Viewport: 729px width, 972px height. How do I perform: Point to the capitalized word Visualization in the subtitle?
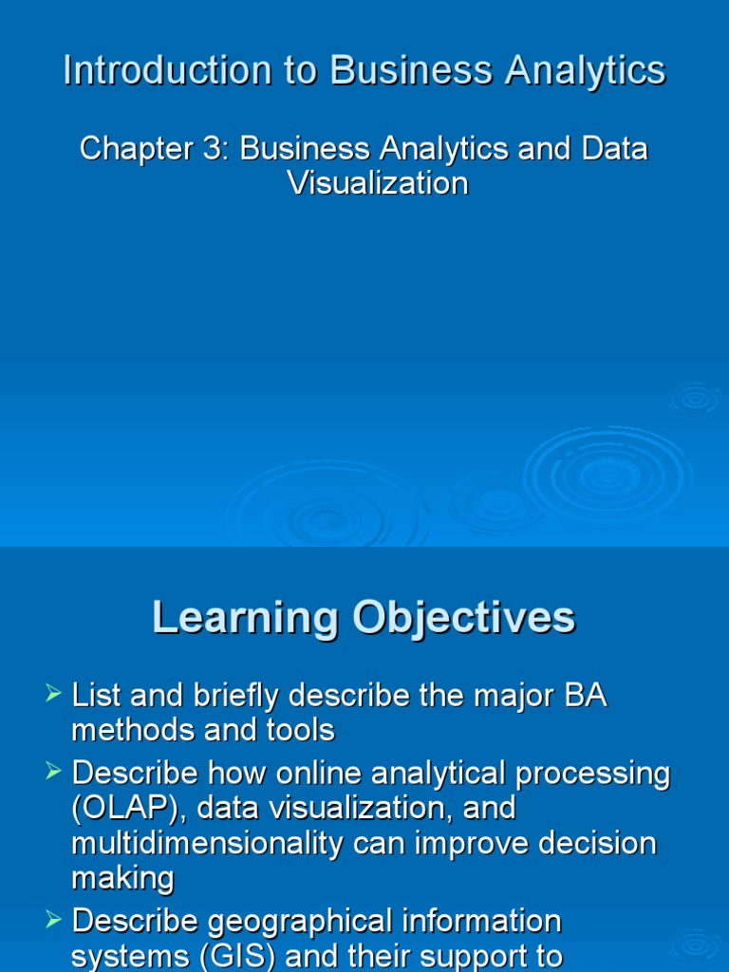tap(378, 183)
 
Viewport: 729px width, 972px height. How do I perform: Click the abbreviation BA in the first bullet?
tap(585, 697)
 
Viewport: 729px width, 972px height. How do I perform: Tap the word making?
tap(122, 878)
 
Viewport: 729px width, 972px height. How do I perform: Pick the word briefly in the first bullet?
tap(234, 697)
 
